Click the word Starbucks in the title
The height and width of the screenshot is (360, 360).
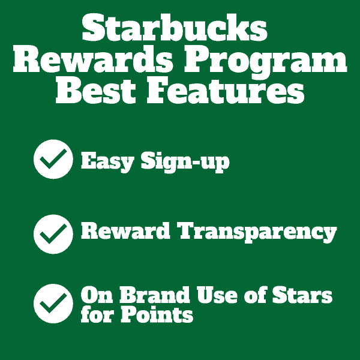(175, 28)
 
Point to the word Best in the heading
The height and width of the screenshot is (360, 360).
(96, 90)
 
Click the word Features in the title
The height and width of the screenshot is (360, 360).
(226, 90)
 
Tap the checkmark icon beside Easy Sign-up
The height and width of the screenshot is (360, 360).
(53, 159)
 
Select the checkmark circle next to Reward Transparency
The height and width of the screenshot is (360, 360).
(53, 234)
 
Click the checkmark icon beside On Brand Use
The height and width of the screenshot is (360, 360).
(53, 304)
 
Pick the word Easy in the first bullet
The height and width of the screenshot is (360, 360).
(107, 162)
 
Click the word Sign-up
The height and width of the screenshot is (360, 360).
(185, 162)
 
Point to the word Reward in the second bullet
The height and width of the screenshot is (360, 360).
(125, 231)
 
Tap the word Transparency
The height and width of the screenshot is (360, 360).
(257, 233)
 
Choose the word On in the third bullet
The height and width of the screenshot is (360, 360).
(97, 295)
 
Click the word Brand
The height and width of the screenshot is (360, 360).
(155, 295)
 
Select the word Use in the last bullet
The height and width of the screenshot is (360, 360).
(217, 295)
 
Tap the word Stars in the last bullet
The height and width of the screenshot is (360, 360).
(302, 295)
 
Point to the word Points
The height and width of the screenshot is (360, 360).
(157, 314)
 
